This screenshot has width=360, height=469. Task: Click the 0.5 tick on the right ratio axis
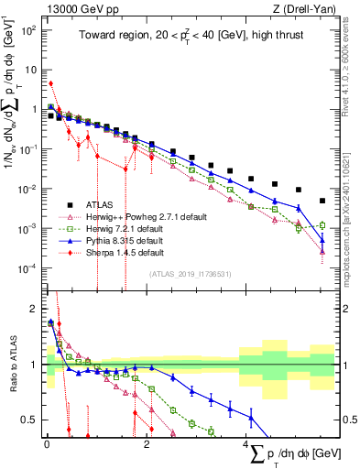[x=346, y=420]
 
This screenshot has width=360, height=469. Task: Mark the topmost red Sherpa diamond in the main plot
[x=50, y=83]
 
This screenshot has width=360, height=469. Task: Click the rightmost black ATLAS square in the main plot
[x=322, y=201]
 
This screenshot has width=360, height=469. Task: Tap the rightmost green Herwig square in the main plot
[x=322, y=224]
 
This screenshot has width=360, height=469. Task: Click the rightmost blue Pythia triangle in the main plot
[x=322, y=241]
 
